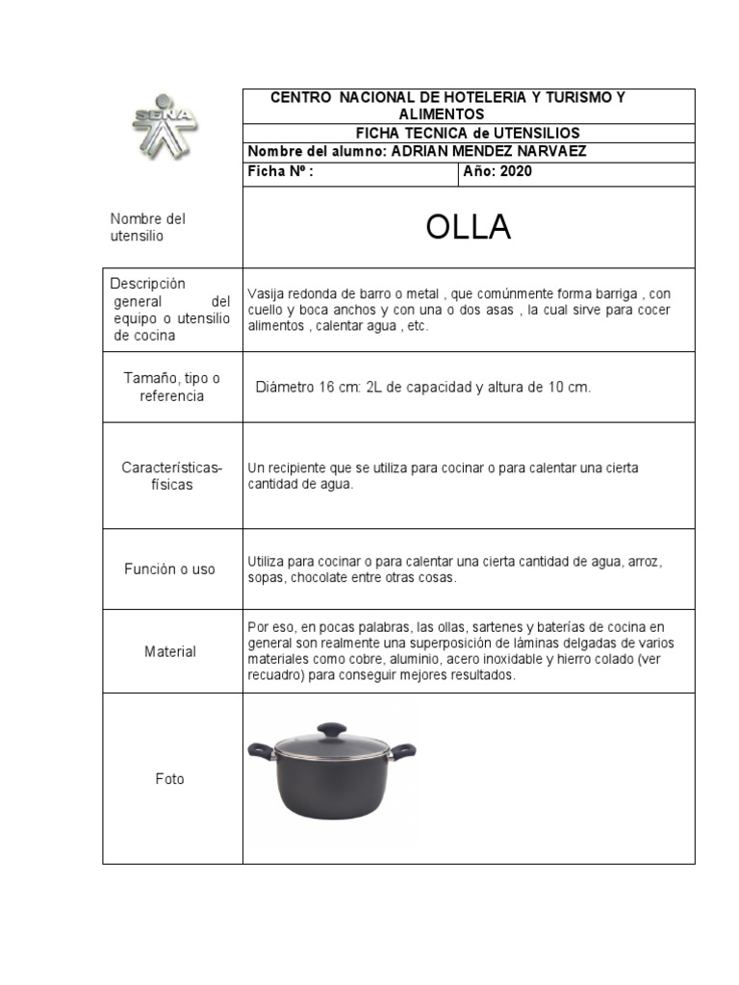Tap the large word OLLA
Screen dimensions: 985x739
tap(468, 228)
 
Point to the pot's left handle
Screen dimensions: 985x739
tap(261, 748)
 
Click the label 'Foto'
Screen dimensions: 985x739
tap(169, 779)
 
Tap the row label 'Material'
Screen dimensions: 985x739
tap(170, 651)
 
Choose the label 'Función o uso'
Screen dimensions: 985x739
tap(169, 569)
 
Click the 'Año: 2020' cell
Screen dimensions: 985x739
tap(497, 172)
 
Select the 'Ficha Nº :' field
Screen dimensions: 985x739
tap(281, 172)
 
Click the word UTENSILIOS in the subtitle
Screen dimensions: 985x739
tap(536, 133)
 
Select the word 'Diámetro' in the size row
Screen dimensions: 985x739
tap(287, 387)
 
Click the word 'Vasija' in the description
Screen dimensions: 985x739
tap(265, 293)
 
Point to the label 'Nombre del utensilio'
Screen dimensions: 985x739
tap(147, 227)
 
